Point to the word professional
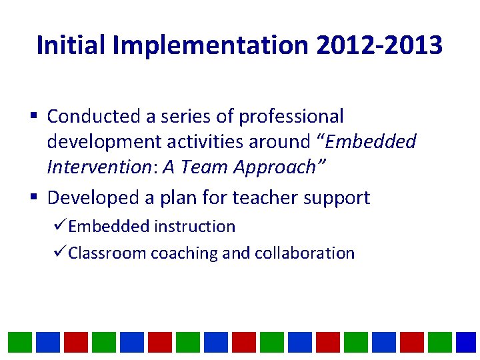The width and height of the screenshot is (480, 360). pyautogui.click(x=291, y=117)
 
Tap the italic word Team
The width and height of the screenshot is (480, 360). pyautogui.click(x=199, y=167)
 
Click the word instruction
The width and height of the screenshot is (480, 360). pyautogui.click(x=195, y=227)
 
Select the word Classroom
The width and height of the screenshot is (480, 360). pyautogui.click(x=108, y=253)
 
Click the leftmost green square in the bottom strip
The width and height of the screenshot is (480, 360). pyautogui.click(x=20, y=342)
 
